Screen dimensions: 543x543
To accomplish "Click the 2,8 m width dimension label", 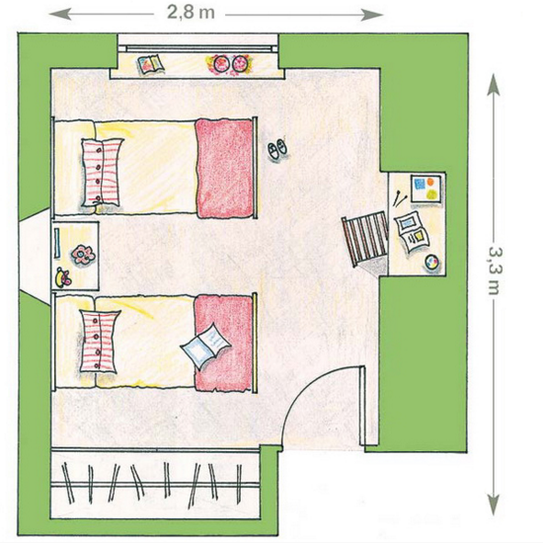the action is pyautogui.click(x=191, y=13).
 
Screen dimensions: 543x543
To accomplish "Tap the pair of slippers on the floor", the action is pyautogui.click(x=277, y=149).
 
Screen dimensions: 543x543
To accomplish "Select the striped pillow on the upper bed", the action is pyautogui.click(x=102, y=173).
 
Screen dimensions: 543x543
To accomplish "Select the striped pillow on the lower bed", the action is pyautogui.click(x=100, y=342).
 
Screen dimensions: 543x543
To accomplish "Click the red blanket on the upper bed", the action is pyautogui.click(x=224, y=169).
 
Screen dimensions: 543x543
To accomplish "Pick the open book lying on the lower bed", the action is pyautogui.click(x=205, y=346).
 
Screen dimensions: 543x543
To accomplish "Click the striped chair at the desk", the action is pyautogui.click(x=364, y=239).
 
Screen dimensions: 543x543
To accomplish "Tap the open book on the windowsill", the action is pyautogui.click(x=151, y=64).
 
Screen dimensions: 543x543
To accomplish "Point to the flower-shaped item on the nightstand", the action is pyautogui.click(x=83, y=255).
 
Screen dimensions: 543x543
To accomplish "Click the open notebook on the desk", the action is pyautogui.click(x=412, y=231).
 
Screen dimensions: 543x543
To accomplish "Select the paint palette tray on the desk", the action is pyautogui.click(x=426, y=189).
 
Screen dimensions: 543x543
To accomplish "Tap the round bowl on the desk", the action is pyautogui.click(x=431, y=262).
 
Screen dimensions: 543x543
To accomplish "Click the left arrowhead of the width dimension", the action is pyautogui.click(x=61, y=14).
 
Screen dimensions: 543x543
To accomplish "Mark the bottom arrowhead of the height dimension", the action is pyautogui.click(x=493, y=504).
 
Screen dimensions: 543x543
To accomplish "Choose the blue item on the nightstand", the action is pyautogui.click(x=57, y=243).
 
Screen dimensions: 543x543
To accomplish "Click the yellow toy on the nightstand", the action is pyautogui.click(x=62, y=277).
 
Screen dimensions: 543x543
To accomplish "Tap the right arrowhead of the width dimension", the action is pyautogui.click(x=371, y=14).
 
